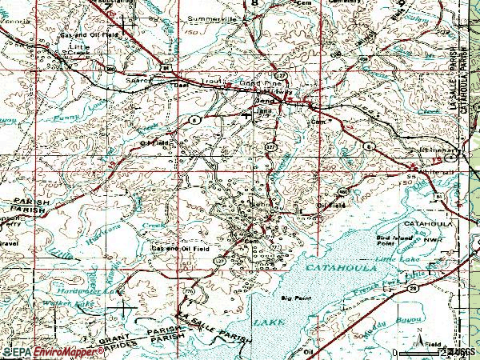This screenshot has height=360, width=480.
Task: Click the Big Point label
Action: [295, 299]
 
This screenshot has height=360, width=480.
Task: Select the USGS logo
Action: [462, 350]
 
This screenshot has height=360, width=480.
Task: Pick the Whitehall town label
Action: [438, 173]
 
